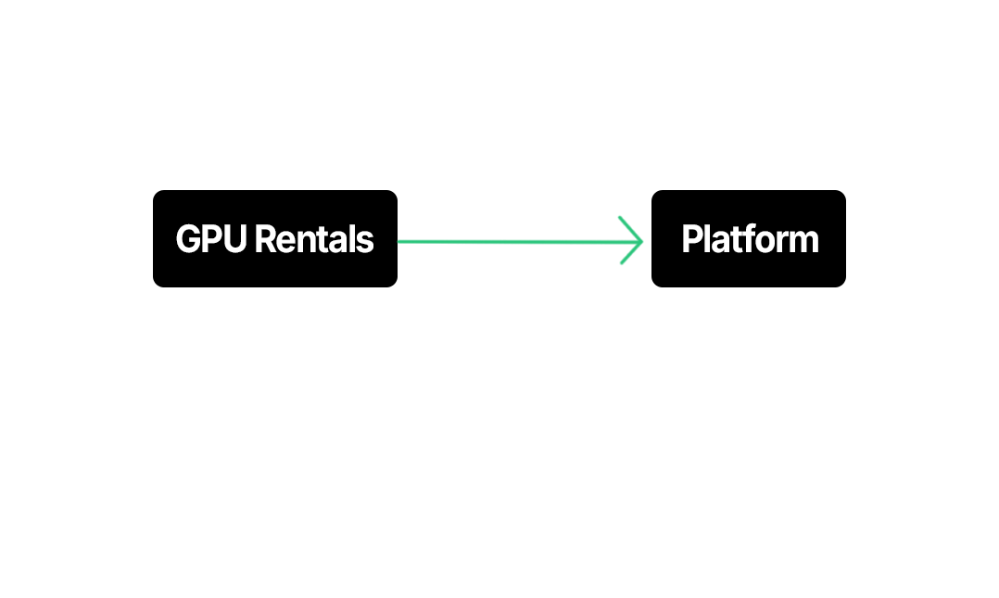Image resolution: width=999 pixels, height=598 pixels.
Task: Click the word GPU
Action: pos(211,240)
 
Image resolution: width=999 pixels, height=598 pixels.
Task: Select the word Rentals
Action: pos(313,240)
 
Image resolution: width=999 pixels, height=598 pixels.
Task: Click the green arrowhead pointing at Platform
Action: pos(638,241)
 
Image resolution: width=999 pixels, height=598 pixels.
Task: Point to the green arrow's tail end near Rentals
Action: pos(401,242)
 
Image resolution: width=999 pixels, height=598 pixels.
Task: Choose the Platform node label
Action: pos(750,240)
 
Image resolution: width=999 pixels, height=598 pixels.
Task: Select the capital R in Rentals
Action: pos(263,240)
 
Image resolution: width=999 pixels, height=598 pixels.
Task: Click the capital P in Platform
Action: pos(691,240)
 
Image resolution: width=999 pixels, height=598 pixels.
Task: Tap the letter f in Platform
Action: pos(743,239)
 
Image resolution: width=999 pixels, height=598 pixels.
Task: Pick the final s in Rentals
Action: pos(366,242)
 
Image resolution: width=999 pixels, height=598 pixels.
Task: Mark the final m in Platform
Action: pos(803,242)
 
